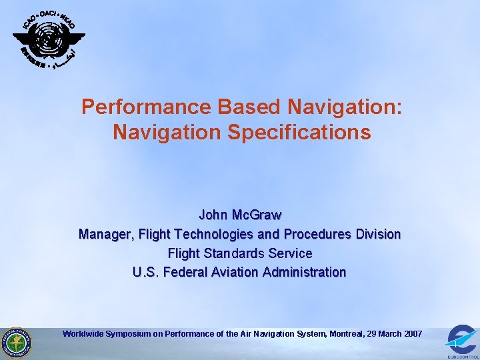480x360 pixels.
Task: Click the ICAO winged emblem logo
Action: click(49, 40)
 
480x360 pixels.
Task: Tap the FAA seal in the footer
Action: click(16, 342)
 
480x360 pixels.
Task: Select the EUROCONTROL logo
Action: click(461, 342)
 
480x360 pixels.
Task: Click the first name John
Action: click(213, 215)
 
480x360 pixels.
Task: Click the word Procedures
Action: click(318, 235)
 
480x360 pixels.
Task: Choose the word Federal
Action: click(183, 272)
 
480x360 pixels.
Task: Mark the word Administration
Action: click(305, 272)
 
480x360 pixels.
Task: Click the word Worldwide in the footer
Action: click(83, 333)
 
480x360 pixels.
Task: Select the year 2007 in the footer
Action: click(412, 333)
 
